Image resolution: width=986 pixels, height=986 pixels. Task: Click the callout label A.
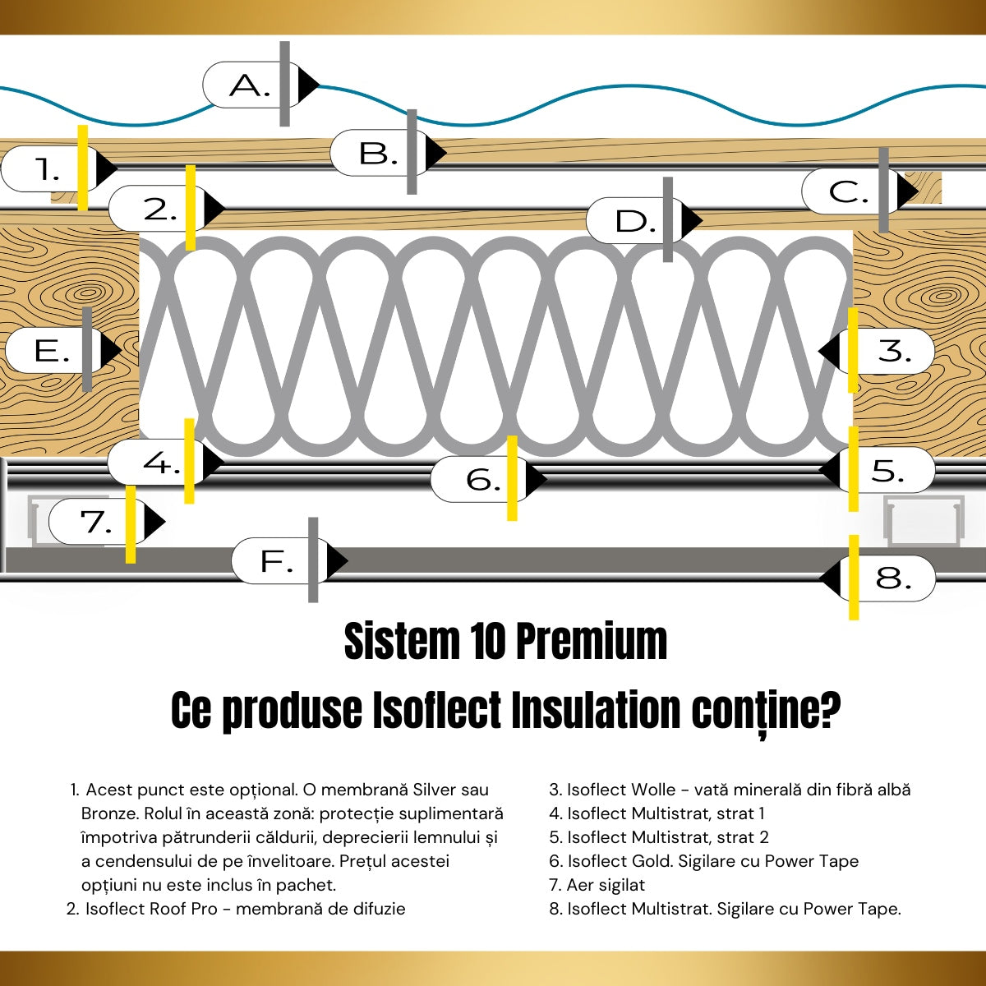[x=249, y=85]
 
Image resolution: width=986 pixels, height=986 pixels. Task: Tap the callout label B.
[x=376, y=153]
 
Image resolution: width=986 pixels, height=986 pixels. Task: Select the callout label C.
[x=848, y=191]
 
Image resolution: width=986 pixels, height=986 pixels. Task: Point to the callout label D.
[x=633, y=220]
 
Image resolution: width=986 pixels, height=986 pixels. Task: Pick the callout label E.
[x=51, y=351]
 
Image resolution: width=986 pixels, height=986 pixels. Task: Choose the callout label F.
[x=276, y=561]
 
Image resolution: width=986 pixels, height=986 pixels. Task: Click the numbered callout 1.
[x=46, y=169]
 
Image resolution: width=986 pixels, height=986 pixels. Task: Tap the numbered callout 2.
[x=159, y=209]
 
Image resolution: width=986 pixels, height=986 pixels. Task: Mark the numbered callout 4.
[x=159, y=463]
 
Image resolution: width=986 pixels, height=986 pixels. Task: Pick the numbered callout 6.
[x=482, y=479]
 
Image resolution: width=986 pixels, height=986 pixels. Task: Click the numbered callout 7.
[x=95, y=521]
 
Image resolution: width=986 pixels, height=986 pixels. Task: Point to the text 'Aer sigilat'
[x=606, y=885]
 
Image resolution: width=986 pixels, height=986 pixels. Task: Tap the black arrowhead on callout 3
[x=830, y=352]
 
